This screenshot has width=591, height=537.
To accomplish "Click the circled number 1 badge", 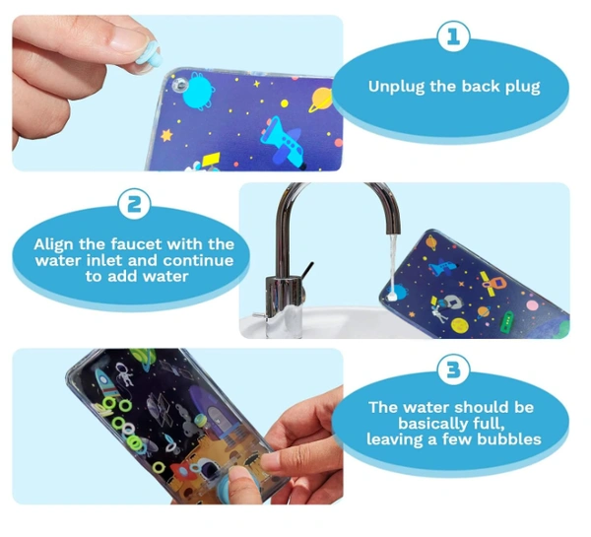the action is pos(453,36).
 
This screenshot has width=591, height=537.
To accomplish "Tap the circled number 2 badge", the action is pos(134,204).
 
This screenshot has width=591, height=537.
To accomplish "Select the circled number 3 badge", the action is pos(453,369).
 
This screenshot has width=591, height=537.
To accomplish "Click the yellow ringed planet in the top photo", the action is pos(320,100).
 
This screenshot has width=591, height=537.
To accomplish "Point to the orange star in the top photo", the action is pos(166,135).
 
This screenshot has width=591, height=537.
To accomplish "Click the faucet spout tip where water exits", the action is pos(393,231).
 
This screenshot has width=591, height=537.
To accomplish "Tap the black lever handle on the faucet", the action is pos(307,271).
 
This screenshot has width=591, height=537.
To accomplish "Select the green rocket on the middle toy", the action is pos(507,320).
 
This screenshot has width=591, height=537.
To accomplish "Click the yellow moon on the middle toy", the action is pos(460,326).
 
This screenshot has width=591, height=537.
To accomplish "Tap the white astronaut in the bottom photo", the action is pos(124,373).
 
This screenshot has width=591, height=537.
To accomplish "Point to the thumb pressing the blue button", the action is pos(237,484).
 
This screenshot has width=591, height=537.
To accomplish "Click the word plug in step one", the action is pos(522,88).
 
